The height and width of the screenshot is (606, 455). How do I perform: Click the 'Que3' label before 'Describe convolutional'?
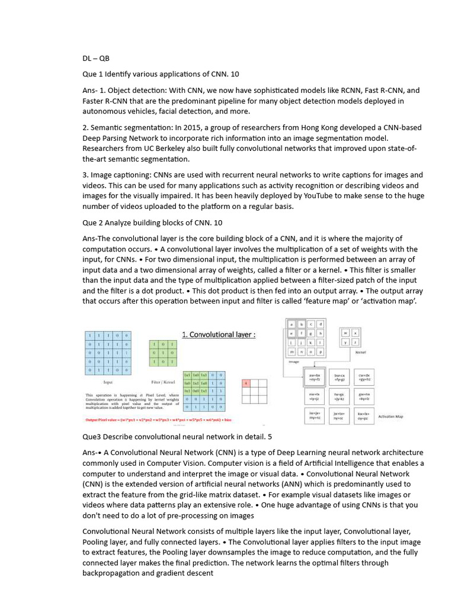pyautogui.click(x=92, y=436)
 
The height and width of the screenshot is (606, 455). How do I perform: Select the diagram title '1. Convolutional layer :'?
pyautogui.click(x=219, y=334)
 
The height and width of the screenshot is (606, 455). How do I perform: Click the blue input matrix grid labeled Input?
pyautogui.click(x=108, y=354)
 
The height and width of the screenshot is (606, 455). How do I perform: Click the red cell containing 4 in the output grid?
pyautogui.click(x=246, y=383)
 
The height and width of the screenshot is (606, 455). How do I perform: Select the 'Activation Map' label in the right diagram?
pyautogui.click(x=390, y=416)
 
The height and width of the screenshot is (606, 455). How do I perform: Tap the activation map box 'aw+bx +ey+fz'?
pyautogui.click(x=307, y=378)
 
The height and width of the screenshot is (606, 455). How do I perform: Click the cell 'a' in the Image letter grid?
pyautogui.click(x=292, y=324)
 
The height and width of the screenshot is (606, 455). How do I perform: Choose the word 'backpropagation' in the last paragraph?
pyautogui.click(x=111, y=573)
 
